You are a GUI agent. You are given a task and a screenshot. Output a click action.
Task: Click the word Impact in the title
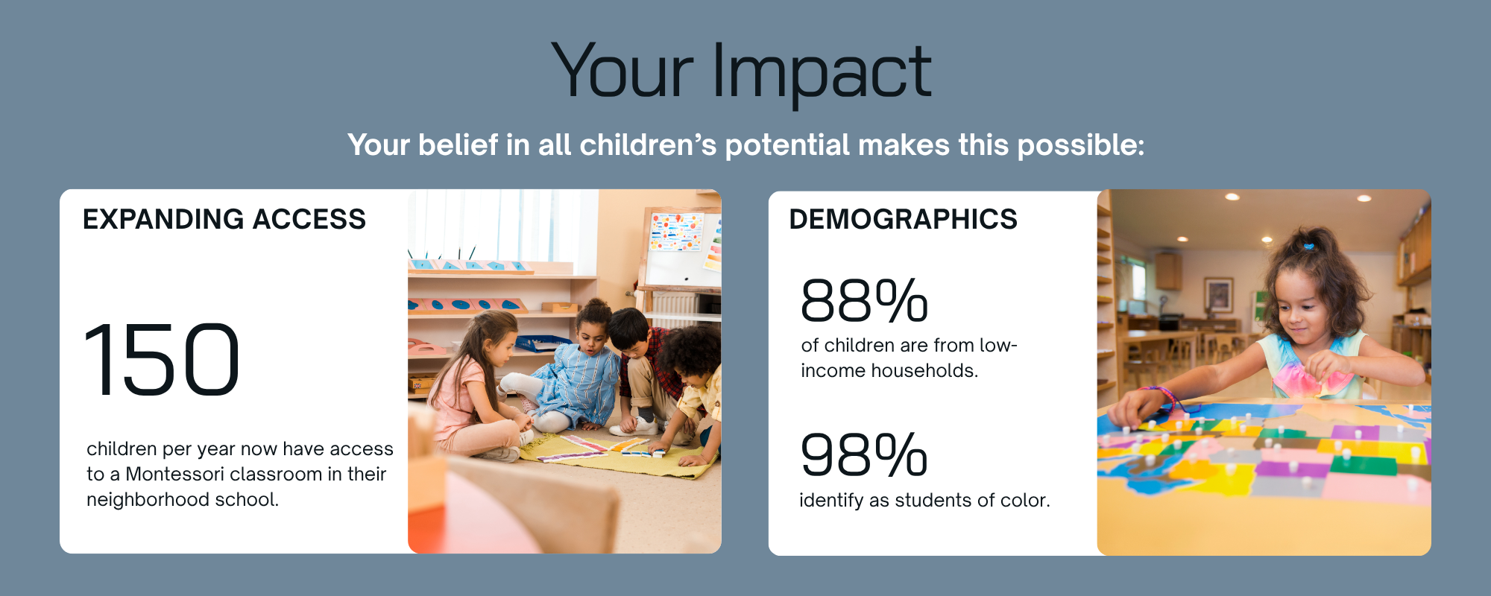(822, 72)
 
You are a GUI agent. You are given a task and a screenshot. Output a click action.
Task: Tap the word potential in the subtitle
(787, 145)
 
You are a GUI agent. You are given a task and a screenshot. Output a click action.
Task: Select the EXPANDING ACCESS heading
(224, 220)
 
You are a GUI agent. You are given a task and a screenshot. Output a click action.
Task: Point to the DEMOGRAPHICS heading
(903, 220)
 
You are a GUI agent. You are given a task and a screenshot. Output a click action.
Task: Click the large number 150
(162, 360)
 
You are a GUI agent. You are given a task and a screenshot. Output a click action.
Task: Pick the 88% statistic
(864, 301)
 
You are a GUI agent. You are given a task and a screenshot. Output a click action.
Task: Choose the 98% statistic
(864, 454)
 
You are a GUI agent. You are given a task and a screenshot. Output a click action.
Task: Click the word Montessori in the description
(174, 475)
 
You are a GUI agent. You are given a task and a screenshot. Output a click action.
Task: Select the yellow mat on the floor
(619, 454)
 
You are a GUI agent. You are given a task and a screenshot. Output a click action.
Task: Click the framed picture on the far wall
(1218, 295)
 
